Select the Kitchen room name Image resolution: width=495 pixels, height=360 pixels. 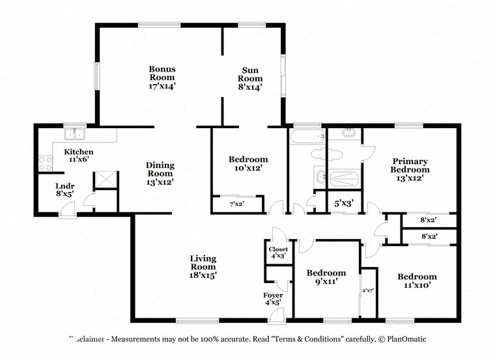pyautogui.click(x=78, y=152)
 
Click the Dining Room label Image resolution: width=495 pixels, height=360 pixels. pyautogui.click(x=160, y=174)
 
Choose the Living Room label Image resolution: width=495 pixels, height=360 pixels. pyautogui.click(x=203, y=266)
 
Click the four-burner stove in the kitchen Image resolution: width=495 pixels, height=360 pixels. pyautogui.click(x=45, y=163)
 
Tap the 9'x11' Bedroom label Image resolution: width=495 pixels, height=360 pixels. pyautogui.click(x=326, y=277)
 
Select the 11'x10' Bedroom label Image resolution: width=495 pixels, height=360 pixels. pyautogui.click(x=417, y=281)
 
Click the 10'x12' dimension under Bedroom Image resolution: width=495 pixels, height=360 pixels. pyautogui.click(x=247, y=169)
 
